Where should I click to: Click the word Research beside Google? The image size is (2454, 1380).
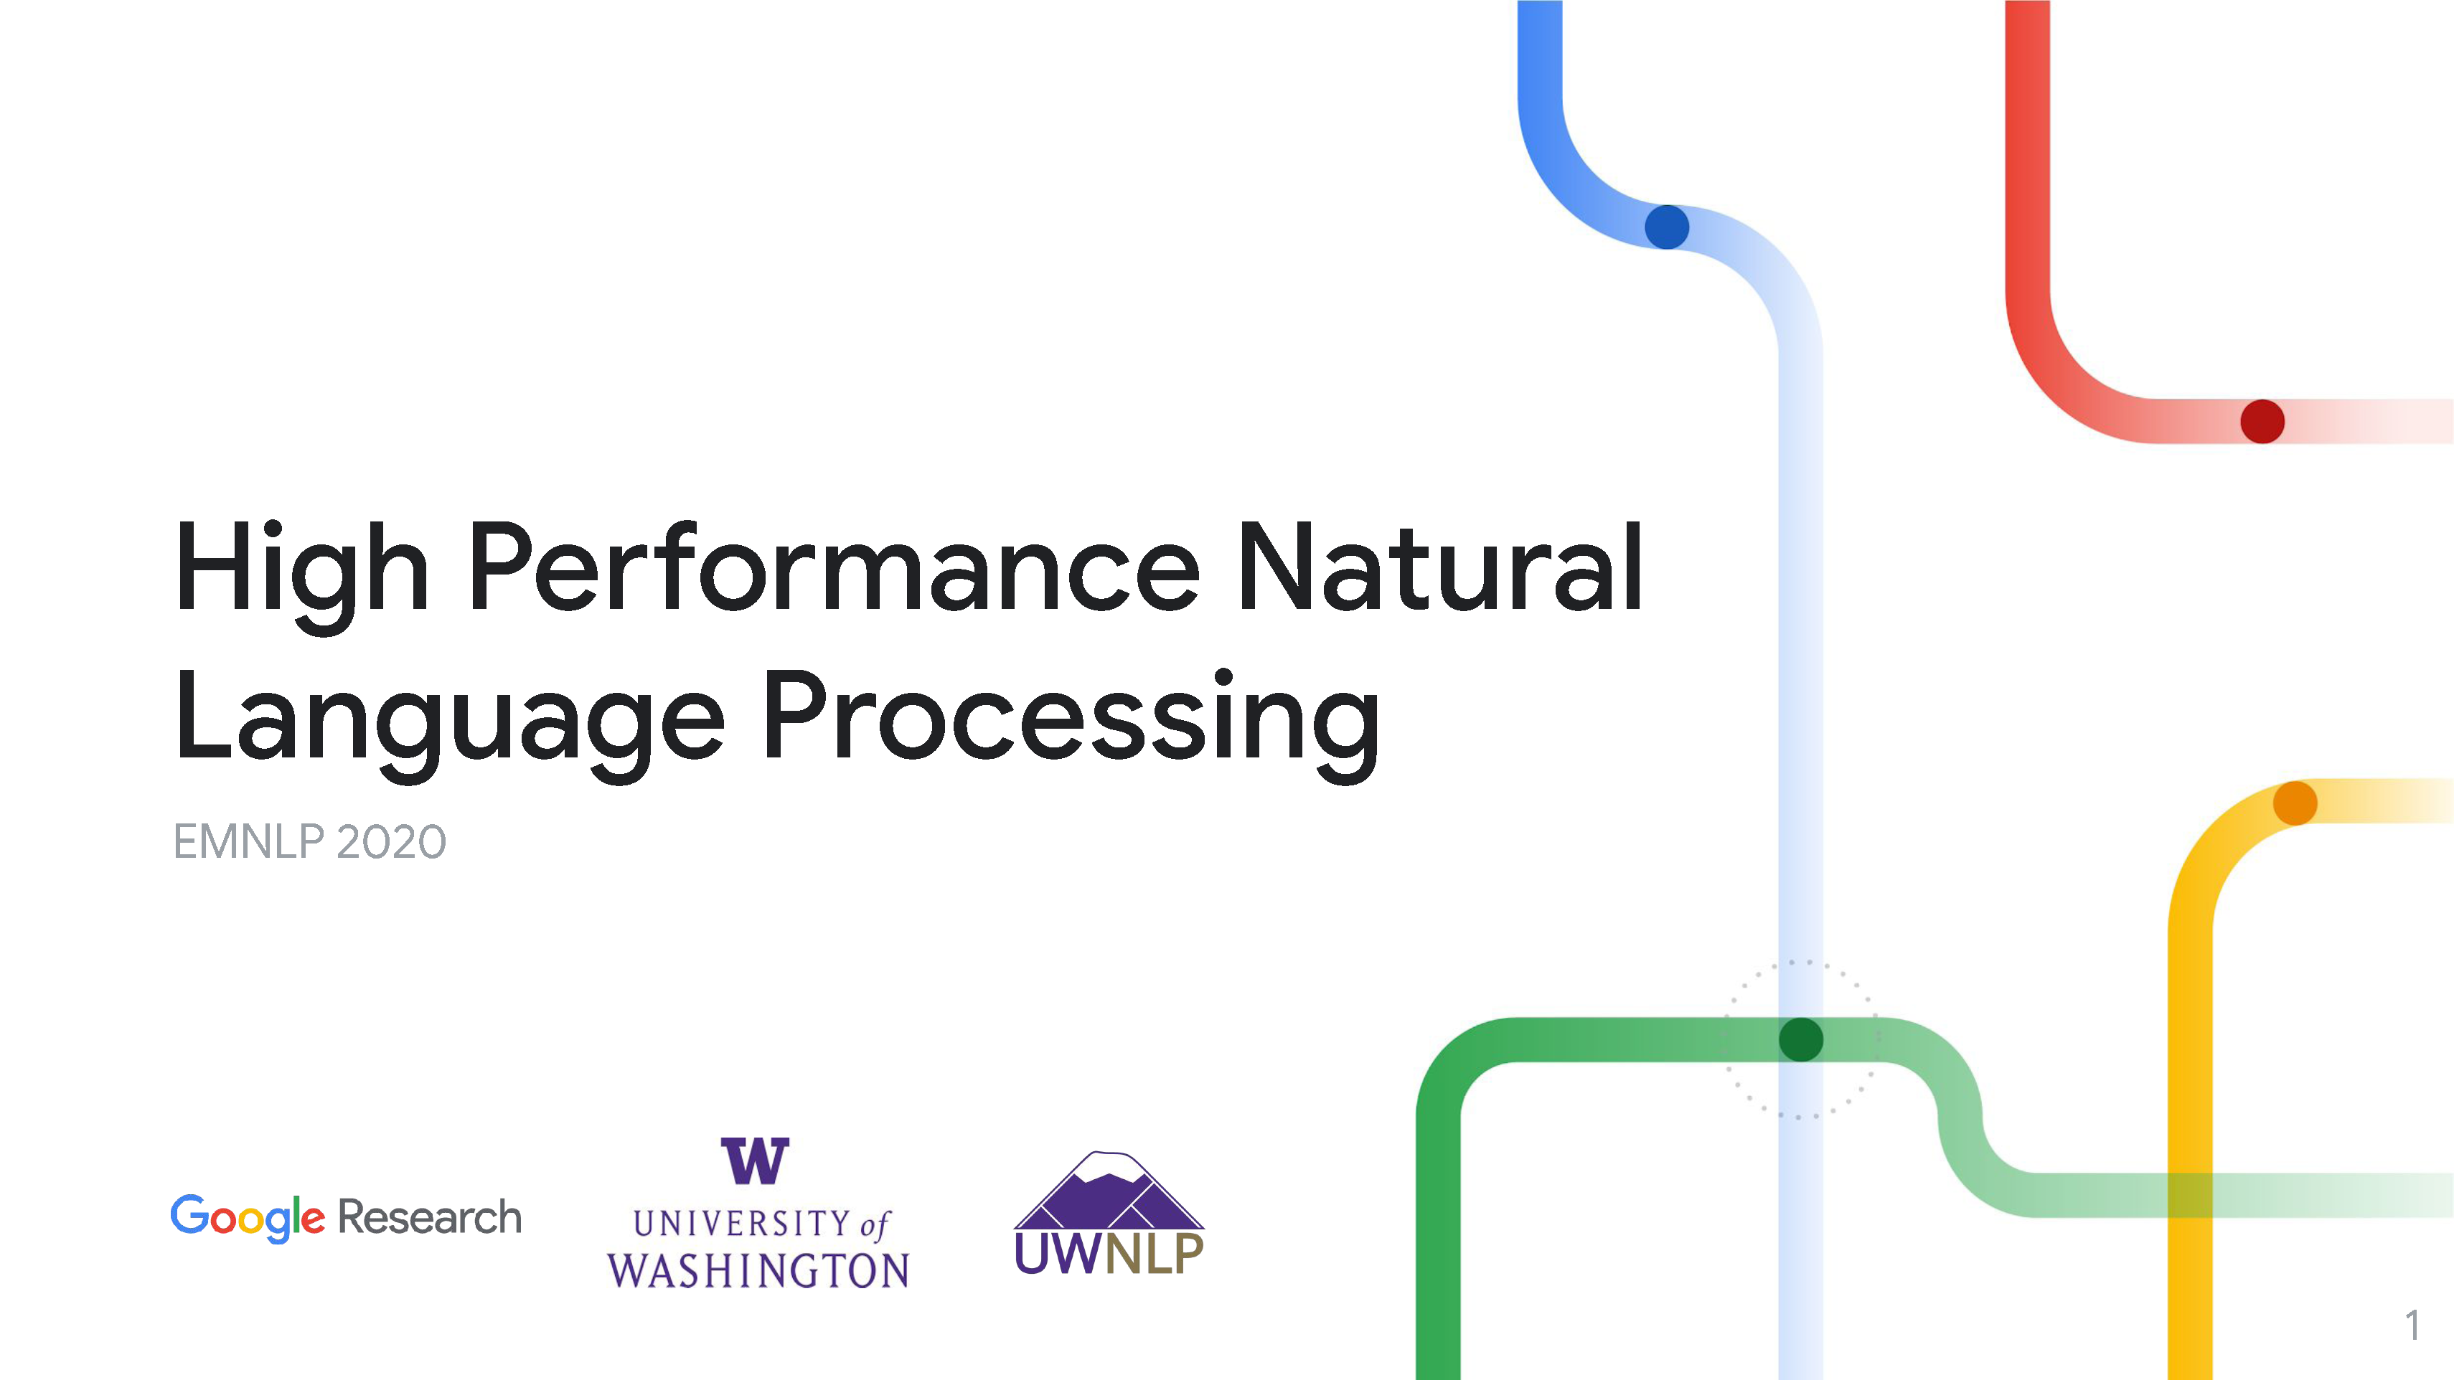coord(430,1217)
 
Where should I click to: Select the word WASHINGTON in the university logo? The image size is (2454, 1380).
coord(758,1270)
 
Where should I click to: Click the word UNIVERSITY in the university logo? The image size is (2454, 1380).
coord(742,1224)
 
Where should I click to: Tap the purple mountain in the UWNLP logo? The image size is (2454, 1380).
coord(1109,1191)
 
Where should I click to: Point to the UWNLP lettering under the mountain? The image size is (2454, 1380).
coord(1109,1254)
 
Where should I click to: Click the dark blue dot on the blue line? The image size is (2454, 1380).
coord(1667,227)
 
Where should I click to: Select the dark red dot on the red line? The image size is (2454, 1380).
coord(2262,421)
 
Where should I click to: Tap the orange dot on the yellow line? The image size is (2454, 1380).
coord(2295,803)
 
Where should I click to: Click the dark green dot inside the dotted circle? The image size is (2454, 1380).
coord(1800,1039)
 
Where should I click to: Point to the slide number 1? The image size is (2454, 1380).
coord(2413,1325)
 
